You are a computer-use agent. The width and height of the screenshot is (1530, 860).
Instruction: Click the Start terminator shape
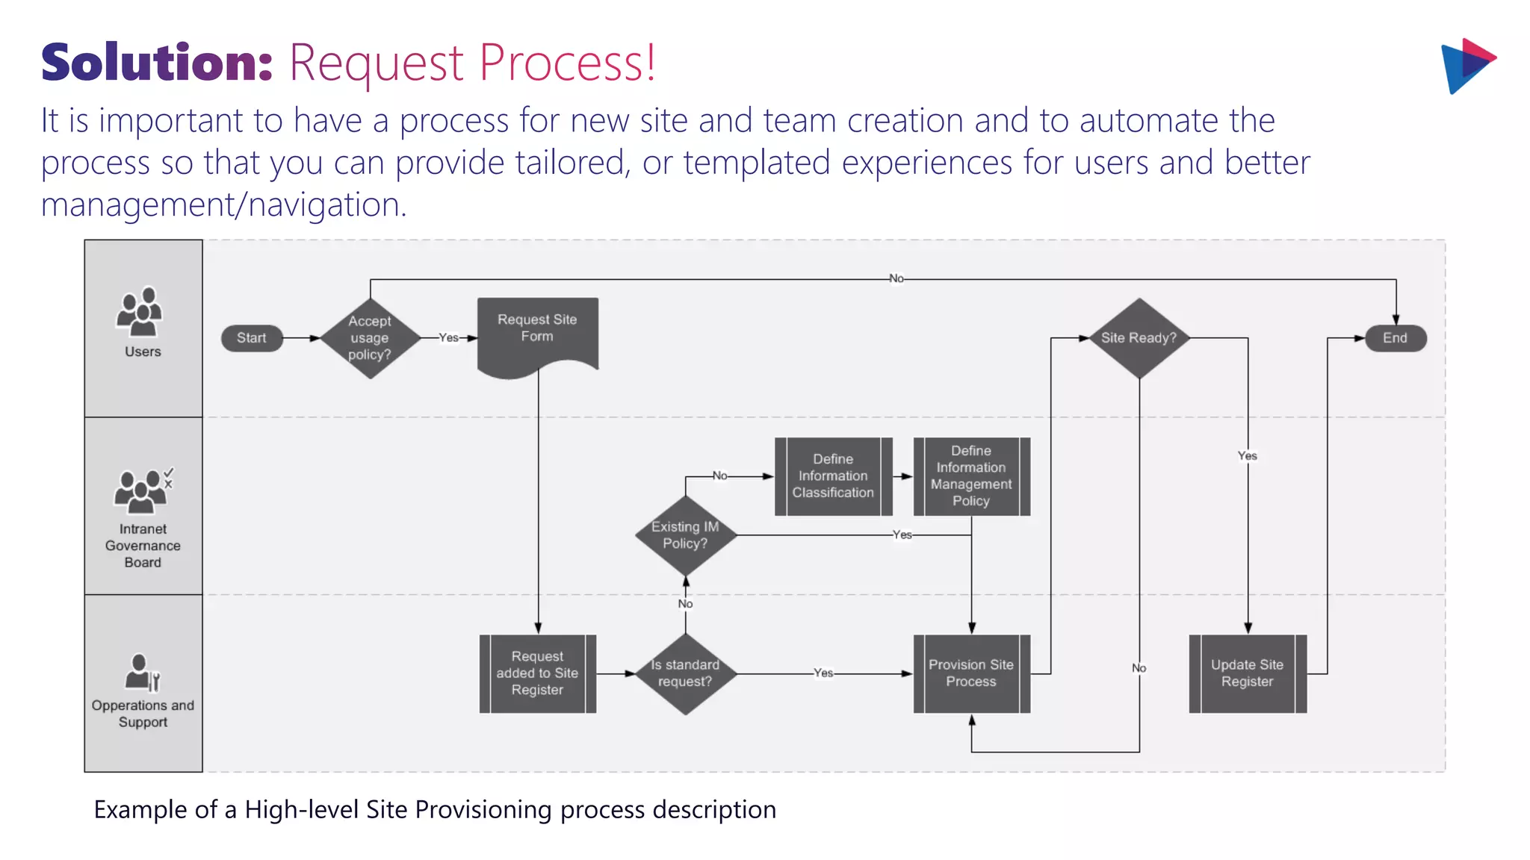pos(252,338)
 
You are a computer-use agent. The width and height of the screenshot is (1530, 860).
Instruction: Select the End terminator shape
pos(1395,338)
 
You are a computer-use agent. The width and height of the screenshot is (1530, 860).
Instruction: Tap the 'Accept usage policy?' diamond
pos(370,338)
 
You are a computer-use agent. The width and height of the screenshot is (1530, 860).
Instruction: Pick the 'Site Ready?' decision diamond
pos(1139,338)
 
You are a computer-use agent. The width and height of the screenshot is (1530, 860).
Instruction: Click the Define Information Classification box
pos(833,476)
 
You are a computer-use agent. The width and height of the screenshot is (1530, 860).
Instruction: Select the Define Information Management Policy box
pos(971,476)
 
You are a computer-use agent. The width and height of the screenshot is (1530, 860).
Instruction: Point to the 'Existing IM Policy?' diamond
pos(685,535)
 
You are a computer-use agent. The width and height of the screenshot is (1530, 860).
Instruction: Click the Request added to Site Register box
pos(537,673)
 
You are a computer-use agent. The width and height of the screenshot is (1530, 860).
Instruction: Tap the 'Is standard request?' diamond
pos(685,673)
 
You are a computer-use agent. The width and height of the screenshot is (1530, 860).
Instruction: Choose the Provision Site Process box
pos(971,673)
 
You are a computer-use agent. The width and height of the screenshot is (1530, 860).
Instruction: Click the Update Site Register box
pos(1247,673)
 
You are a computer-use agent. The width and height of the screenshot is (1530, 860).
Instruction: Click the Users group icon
pos(140,311)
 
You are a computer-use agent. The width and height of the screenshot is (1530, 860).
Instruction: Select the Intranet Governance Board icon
pos(142,490)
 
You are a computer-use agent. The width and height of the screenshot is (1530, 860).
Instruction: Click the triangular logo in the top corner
pos(1466,66)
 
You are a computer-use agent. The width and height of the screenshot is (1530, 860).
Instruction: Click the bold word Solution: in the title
pos(157,63)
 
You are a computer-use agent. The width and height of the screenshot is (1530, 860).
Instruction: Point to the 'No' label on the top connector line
pos(896,278)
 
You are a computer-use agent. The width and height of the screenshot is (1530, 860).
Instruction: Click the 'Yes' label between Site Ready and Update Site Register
pos(1247,455)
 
